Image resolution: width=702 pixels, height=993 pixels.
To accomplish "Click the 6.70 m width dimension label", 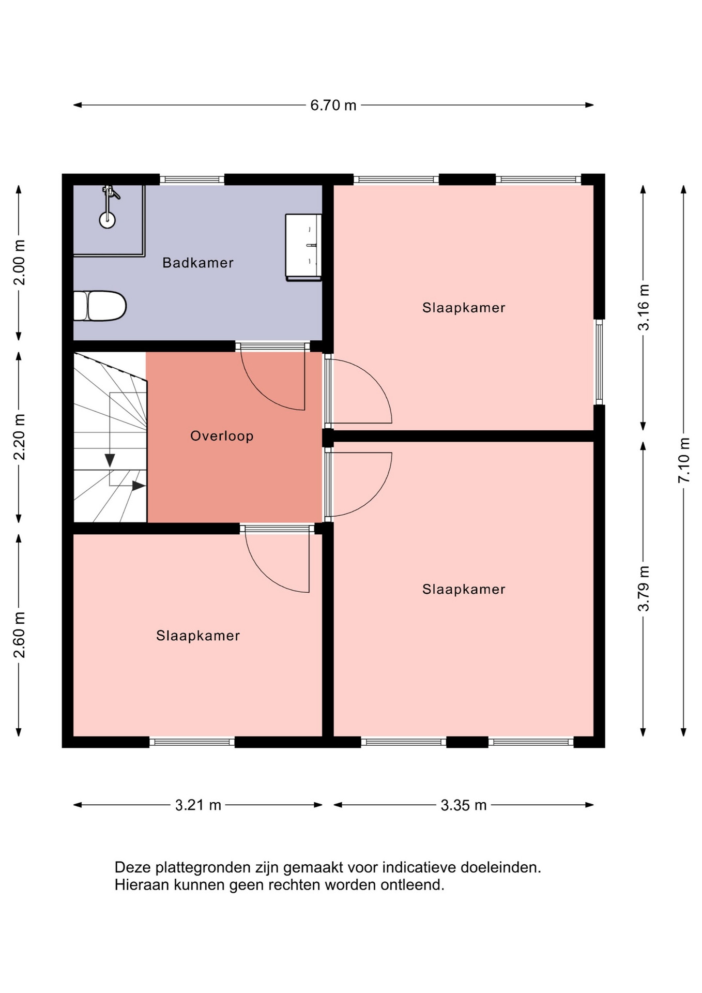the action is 333,106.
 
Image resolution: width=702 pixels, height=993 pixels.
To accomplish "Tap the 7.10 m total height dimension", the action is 684,460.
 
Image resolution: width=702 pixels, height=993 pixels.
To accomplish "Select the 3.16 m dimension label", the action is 644,307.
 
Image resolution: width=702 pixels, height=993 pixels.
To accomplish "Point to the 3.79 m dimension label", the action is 644,589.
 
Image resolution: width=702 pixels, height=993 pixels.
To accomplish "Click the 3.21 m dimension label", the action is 198,805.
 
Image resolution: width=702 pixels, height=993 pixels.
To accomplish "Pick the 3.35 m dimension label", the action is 464,805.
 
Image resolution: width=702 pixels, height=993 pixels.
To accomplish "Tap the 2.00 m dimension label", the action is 19,262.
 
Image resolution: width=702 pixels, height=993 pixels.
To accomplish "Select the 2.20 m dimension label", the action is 19,437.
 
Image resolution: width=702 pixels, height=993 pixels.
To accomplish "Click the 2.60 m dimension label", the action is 19,635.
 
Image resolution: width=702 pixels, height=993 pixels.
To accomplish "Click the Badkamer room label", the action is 198,263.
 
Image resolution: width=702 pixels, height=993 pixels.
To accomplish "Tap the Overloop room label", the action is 222,436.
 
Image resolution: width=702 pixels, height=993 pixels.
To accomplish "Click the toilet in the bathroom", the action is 100,306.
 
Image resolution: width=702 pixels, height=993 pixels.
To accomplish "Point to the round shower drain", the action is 108,220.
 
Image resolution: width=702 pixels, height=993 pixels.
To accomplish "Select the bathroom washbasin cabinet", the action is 303,247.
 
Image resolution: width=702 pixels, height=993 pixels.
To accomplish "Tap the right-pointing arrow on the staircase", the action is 139,486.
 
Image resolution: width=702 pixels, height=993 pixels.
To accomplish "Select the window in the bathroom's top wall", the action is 192,179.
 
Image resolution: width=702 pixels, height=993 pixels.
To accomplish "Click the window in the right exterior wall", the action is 599,362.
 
